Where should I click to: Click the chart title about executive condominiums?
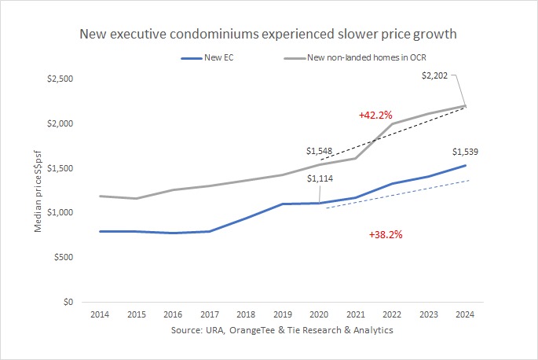click(x=269, y=35)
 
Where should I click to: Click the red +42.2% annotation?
click(x=375, y=115)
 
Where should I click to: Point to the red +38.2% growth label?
click(x=385, y=234)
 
